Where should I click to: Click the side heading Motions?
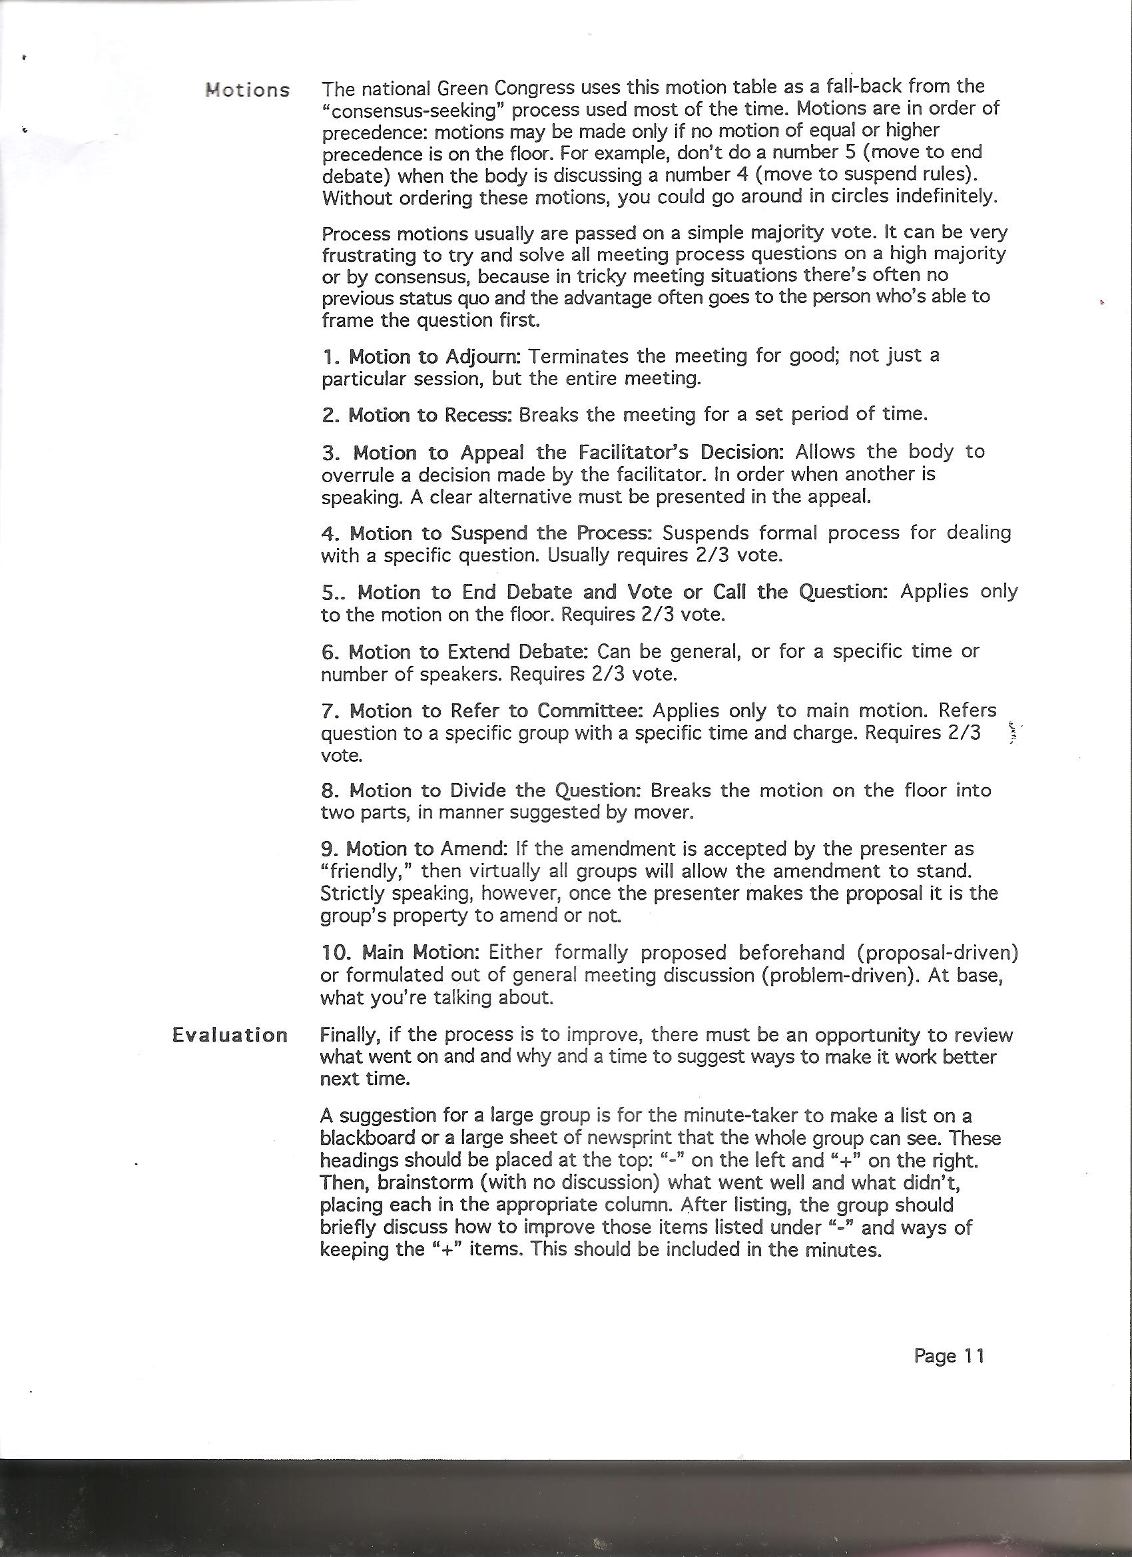tap(248, 90)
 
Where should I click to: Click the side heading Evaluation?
tap(230, 1036)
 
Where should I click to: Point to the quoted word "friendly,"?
tap(365, 872)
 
